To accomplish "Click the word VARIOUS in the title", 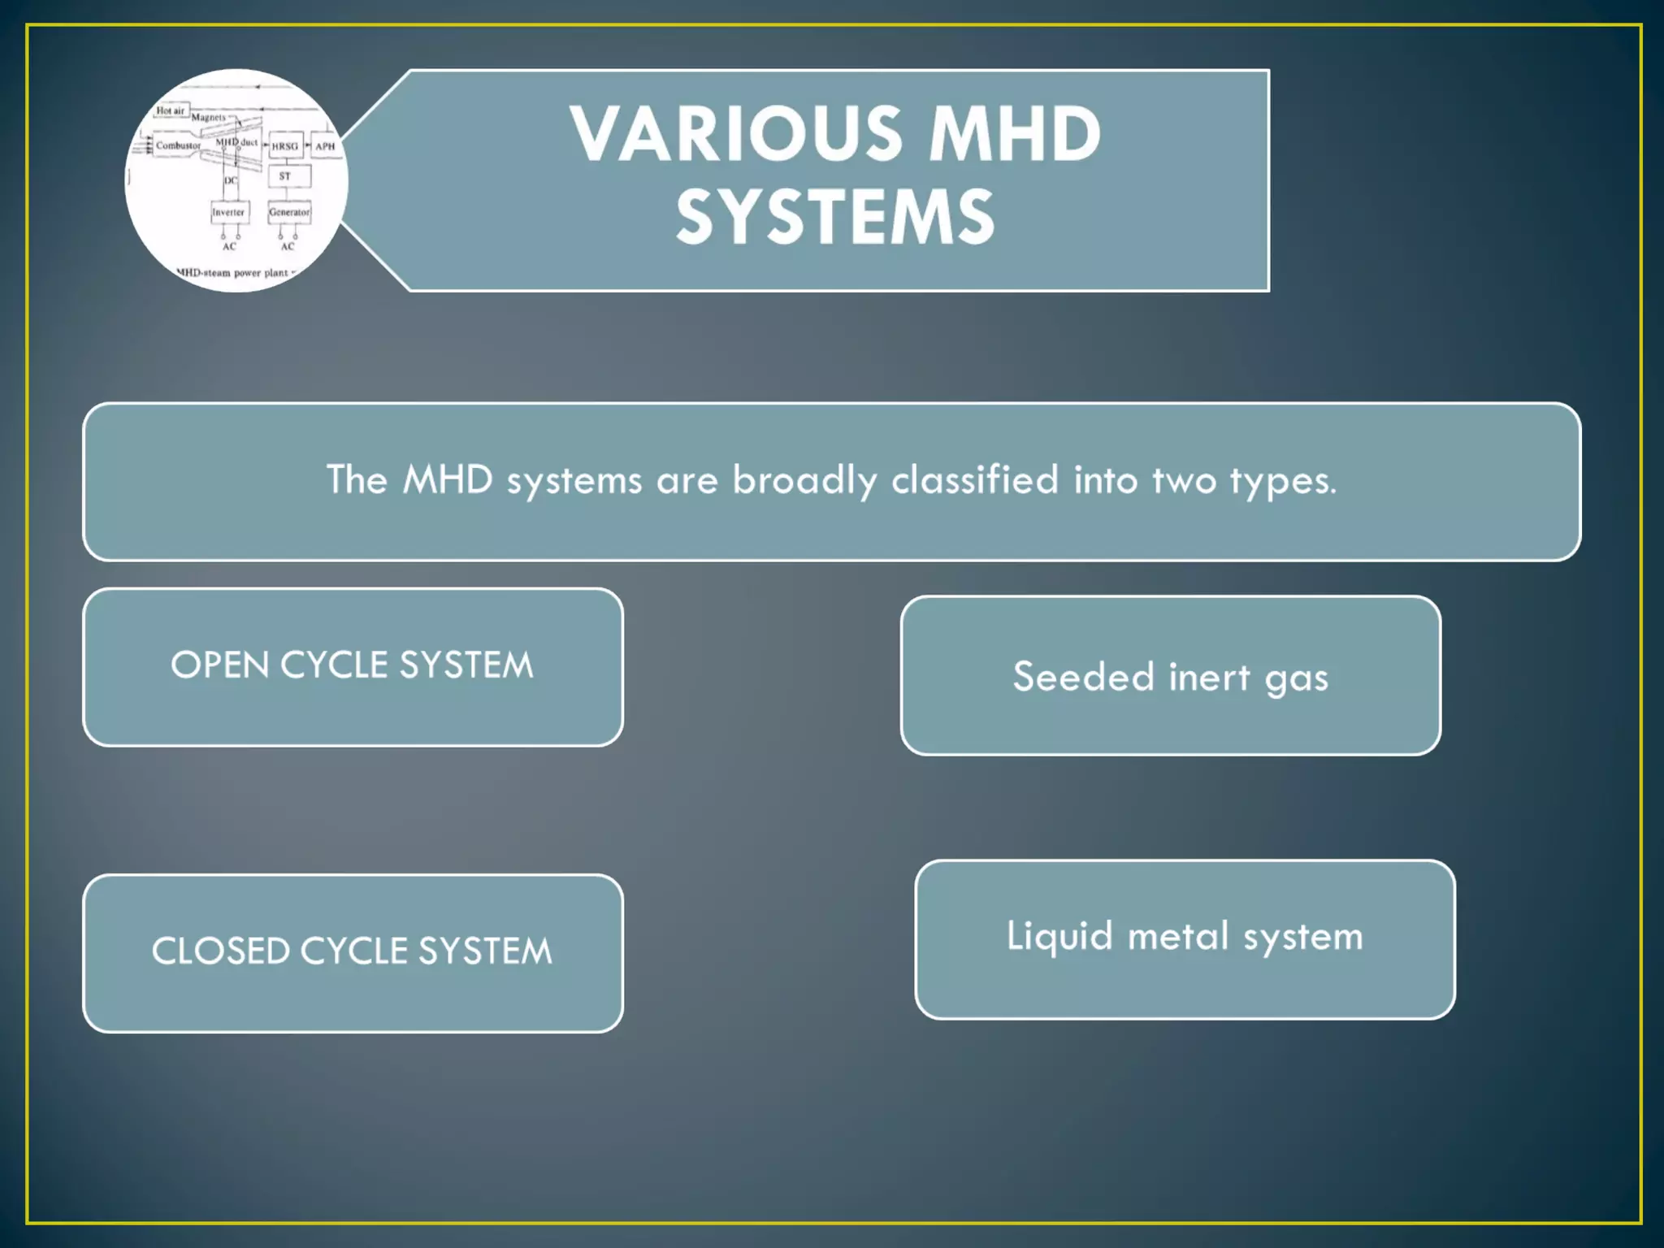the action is pyautogui.click(x=735, y=135).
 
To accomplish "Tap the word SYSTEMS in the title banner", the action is pyautogui.click(x=835, y=218).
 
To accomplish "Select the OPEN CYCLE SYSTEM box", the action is pyautogui.click(x=353, y=666).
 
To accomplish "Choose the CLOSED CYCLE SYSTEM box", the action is pyautogui.click(x=353, y=952).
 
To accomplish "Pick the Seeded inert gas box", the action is pyautogui.click(x=1170, y=676).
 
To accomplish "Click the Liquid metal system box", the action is pyautogui.click(x=1185, y=938).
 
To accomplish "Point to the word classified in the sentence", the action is pyautogui.click(x=975, y=479).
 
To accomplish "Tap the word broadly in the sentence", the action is pyautogui.click(x=804, y=480).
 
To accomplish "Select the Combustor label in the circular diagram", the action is pyautogui.click(x=178, y=146).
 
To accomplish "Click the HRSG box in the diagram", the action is pyautogui.click(x=285, y=146).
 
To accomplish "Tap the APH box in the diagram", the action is pyautogui.click(x=325, y=146).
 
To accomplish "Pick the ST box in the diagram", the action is pyautogui.click(x=285, y=176).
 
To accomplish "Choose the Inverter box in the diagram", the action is pyautogui.click(x=228, y=212).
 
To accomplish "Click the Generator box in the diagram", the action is pyautogui.click(x=289, y=212).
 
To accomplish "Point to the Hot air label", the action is pyautogui.click(x=171, y=110).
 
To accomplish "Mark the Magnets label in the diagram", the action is pyautogui.click(x=209, y=118).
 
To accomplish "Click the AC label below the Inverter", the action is pyautogui.click(x=229, y=246).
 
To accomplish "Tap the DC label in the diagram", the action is pyautogui.click(x=231, y=180).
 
